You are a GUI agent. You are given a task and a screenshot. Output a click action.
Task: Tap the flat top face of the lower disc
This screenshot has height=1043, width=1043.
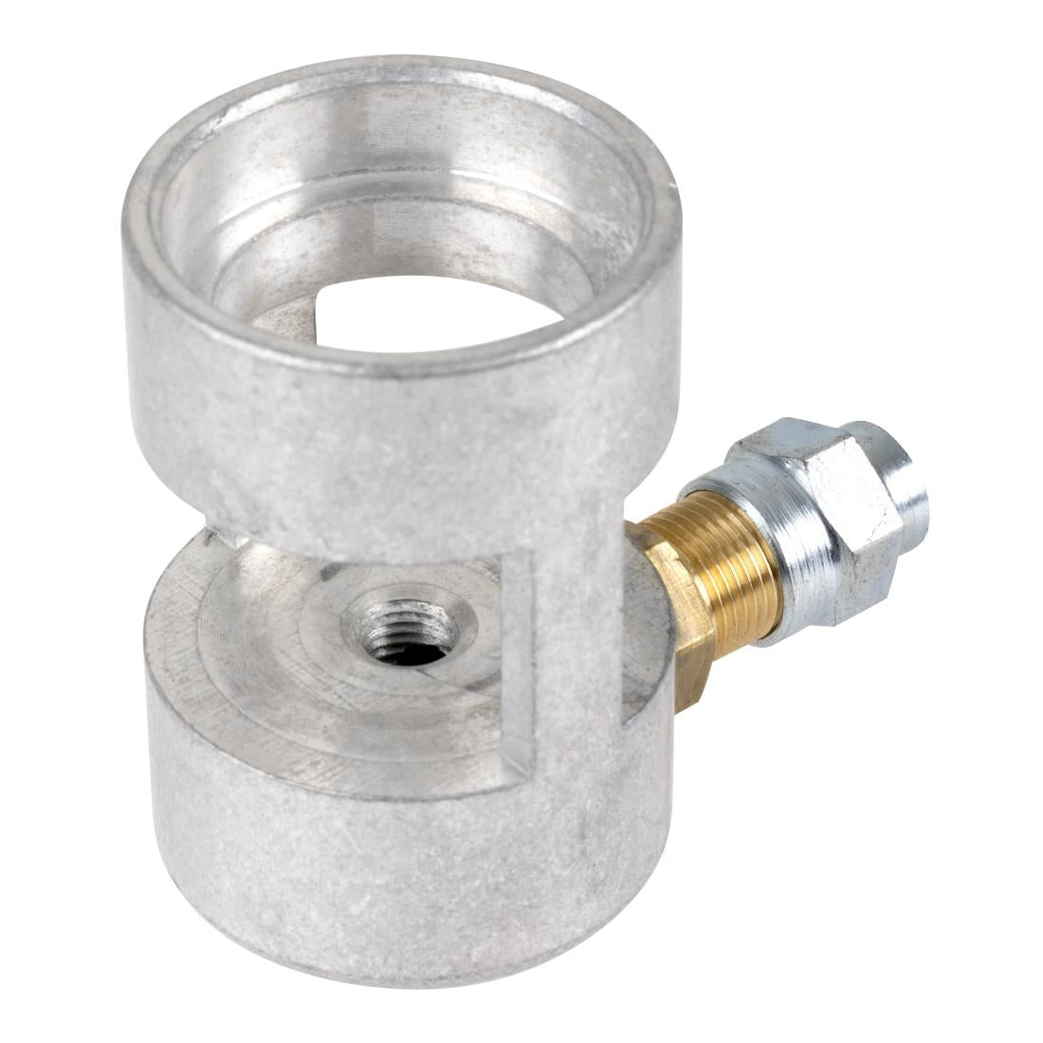[x=284, y=683]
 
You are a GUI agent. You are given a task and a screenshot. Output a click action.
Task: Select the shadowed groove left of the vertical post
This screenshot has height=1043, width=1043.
[x=518, y=664]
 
